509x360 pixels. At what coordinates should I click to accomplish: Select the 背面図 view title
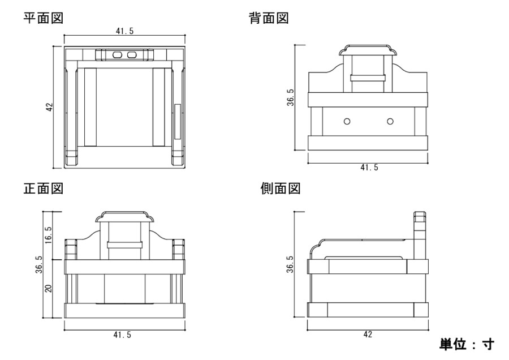coord(269,18)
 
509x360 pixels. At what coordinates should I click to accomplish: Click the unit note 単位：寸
coord(467,344)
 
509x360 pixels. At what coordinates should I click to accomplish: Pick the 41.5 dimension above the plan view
coord(124,32)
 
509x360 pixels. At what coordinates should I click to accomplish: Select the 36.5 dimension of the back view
coord(290,97)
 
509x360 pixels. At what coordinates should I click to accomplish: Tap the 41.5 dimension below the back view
coord(368,168)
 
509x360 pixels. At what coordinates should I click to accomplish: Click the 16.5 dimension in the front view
coord(49,235)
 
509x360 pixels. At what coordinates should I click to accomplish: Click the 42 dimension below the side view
coord(368,335)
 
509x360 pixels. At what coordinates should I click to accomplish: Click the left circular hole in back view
coord(347,121)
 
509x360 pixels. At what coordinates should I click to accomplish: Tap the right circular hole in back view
coord(390,121)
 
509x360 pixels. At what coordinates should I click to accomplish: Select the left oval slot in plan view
coord(118,55)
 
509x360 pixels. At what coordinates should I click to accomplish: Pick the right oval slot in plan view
coord(132,55)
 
